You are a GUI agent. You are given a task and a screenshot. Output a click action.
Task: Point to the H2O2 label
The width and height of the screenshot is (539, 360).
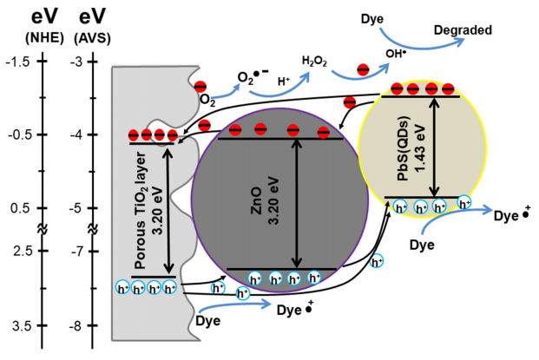(316, 62)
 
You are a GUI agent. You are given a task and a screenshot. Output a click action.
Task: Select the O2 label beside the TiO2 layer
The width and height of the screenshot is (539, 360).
(207, 100)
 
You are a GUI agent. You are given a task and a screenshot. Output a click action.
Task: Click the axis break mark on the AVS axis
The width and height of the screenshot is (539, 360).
(94, 231)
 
